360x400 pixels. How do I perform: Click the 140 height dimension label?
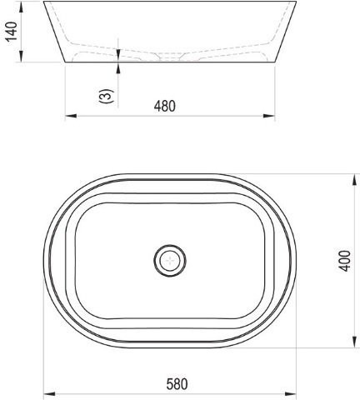(12, 32)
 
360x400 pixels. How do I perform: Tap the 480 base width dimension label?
(165, 106)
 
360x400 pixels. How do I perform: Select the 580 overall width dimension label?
(177, 384)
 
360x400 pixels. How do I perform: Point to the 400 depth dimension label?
(345, 261)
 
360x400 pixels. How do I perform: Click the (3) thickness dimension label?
(107, 96)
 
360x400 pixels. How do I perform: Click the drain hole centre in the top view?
(170, 261)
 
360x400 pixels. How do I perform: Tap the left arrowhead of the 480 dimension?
(71, 116)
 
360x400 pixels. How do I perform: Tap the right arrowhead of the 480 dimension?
(269, 116)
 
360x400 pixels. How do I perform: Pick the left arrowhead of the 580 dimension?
(50, 393)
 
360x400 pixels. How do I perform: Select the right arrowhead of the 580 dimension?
(291, 393)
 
